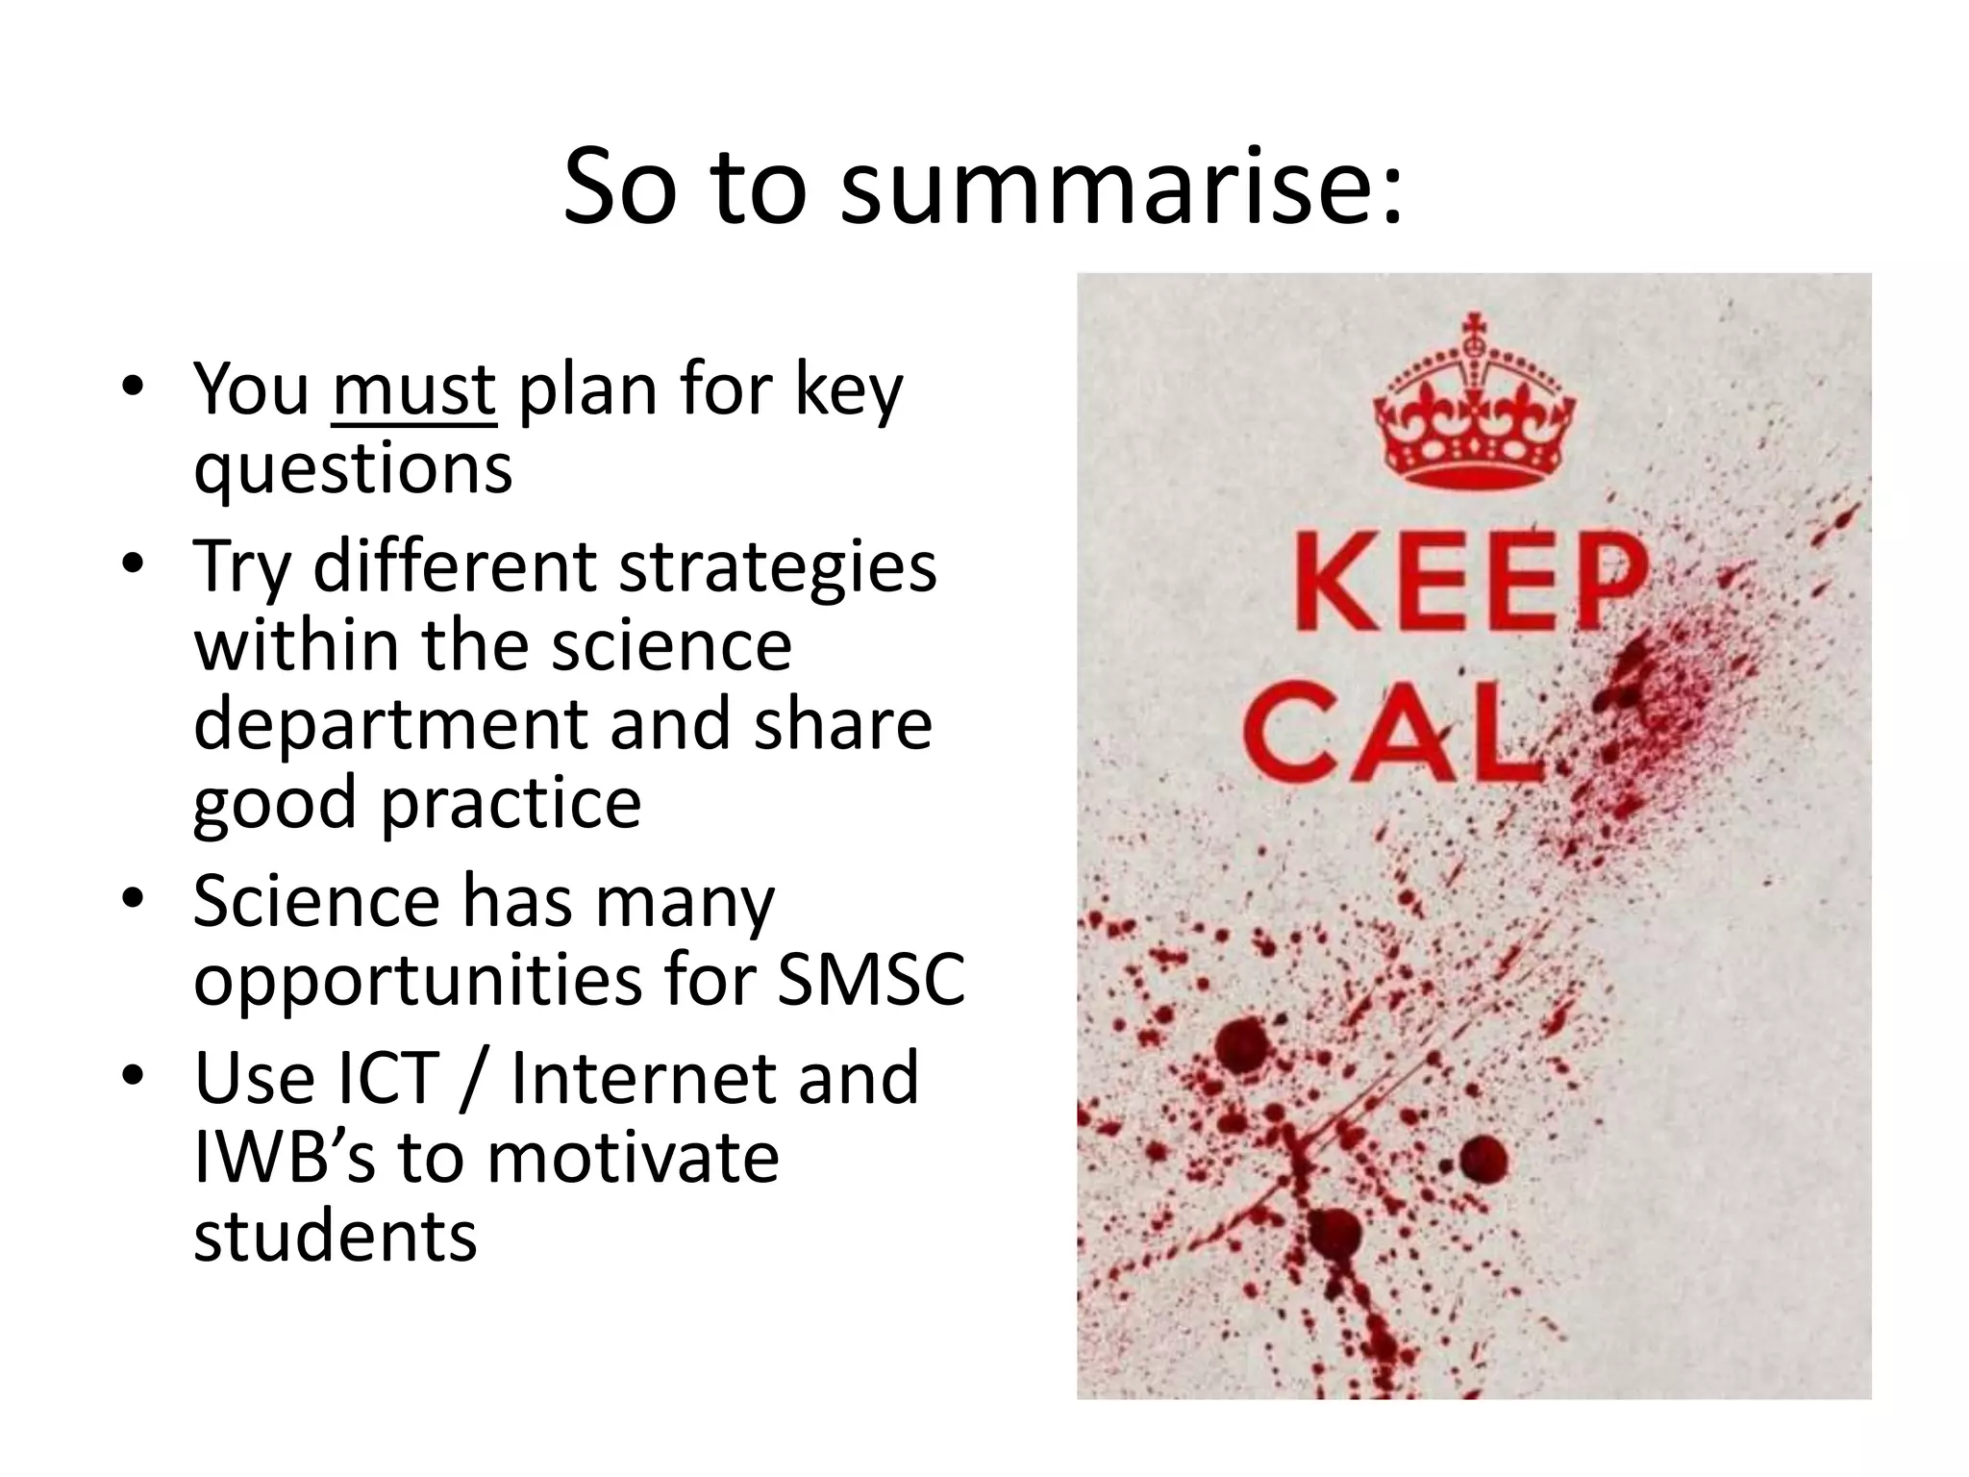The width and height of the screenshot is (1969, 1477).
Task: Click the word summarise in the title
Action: [1120, 188]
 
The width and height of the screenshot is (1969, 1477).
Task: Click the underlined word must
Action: [413, 389]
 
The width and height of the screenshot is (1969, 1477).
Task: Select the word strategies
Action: [777, 567]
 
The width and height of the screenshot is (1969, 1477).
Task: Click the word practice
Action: [511, 804]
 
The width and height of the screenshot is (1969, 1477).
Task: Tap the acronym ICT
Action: [376, 1078]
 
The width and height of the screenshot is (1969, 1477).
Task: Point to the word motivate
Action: [633, 1157]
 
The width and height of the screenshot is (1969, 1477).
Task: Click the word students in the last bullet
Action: [335, 1236]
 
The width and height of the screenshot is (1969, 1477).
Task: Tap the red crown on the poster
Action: [1474, 404]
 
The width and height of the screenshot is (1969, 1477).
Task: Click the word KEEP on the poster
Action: [1468, 584]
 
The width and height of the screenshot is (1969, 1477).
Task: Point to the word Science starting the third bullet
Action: [315, 902]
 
